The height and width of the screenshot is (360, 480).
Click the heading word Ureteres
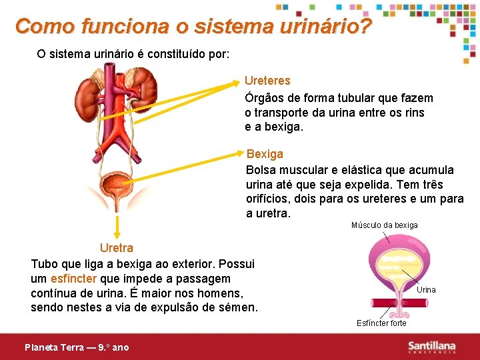point(267,81)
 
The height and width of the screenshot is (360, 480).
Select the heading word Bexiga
point(265,154)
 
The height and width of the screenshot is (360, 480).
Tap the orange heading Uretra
point(117,249)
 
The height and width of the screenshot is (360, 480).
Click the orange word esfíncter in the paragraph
point(74,279)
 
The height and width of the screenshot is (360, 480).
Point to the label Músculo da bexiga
point(384,225)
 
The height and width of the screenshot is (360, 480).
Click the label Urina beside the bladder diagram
point(426,290)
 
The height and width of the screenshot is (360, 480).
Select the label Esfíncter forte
point(381,323)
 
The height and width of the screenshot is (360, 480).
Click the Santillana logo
point(432,347)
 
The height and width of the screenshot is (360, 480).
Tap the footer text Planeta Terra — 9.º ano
point(77,347)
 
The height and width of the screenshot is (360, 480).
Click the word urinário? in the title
point(322,27)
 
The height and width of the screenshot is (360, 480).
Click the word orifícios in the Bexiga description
point(270,199)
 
